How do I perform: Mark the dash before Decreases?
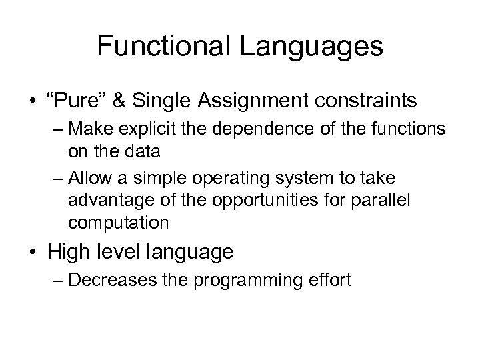[57, 280]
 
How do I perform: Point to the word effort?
[327, 280]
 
